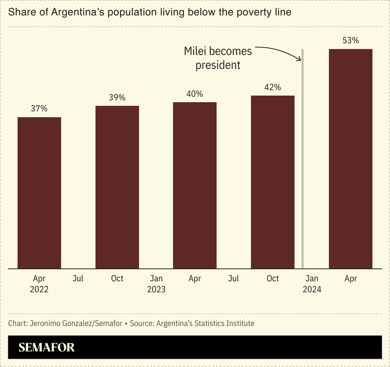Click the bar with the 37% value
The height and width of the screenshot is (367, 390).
(x=39, y=193)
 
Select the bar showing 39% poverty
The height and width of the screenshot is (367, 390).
(x=117, y=187)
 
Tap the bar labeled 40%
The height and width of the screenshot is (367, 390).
(x=195, y=185)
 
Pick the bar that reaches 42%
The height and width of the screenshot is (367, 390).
(x=272, y=182)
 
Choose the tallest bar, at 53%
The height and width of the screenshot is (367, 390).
(x=350, y=159)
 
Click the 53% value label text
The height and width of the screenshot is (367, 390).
(x=350, y=41)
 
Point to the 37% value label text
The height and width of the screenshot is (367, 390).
(x=39, y=108)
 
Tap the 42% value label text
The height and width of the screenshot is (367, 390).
(x=272, y=87)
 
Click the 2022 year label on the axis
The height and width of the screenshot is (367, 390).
(x=39, y=289)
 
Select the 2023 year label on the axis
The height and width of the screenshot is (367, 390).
(x=156, y=289)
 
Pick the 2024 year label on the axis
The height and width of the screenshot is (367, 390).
(x=312, y=289)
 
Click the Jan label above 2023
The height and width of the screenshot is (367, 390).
(x=156, y=279)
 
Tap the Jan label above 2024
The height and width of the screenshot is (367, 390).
(x=312, y=279)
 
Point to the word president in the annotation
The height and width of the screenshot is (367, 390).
(x=218, y=65)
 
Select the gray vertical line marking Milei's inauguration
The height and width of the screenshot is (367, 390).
(x=303, y=161)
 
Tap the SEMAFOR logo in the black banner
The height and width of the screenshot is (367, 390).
(x=46, y=348)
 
